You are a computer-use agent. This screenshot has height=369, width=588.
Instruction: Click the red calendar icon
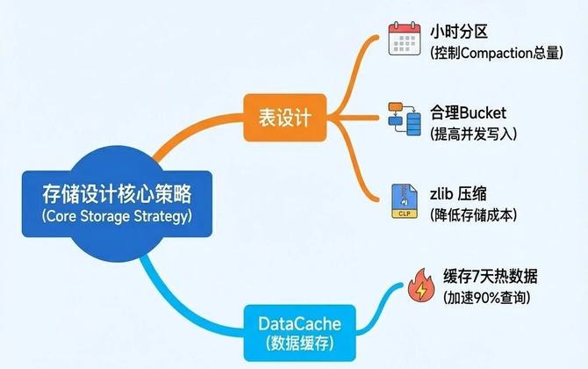[x=403, y=40]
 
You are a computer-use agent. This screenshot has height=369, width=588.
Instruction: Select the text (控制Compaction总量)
[x=496, y=53]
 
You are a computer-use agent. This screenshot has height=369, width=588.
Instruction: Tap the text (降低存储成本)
[x=474, y=213]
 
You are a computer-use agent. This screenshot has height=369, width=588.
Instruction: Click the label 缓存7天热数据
[x=490, y=277]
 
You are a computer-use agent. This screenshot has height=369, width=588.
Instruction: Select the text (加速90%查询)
[x=486, y=299]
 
